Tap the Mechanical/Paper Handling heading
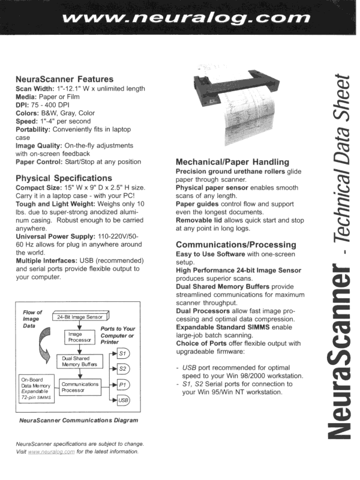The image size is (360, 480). pos(232,162)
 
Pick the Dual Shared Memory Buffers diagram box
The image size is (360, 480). pos(79,362)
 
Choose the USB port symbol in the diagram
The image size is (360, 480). pos(122,400)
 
